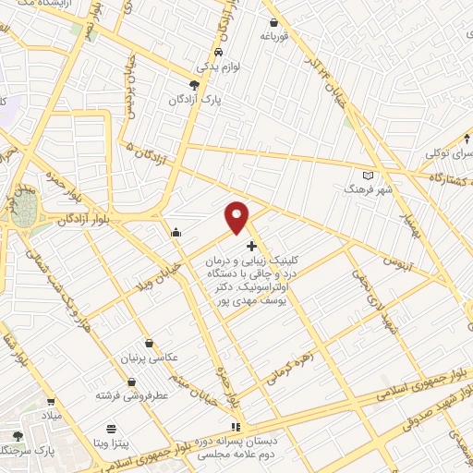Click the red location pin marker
[x=237, y=216]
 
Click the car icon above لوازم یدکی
[x=217, y=53]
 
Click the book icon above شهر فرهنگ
[x=367, y=175]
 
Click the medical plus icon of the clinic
[x=252, y=246]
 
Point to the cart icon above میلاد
[x=52, y=403]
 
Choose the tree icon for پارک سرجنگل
[x=17, y=436]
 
